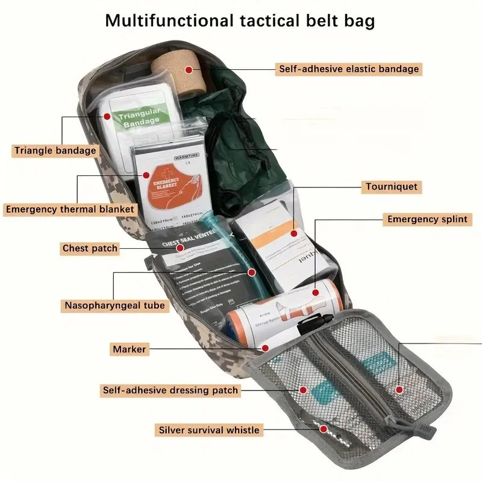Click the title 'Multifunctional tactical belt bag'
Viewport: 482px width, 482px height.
point(240,20)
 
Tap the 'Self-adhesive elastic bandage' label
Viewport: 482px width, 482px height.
point(348,69)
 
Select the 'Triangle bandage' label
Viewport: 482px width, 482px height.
point(55,151)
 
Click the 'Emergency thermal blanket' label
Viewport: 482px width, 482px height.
point(70,210)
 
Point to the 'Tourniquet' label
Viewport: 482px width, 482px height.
point(392,187)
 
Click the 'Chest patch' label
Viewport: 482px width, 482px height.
point(90,248)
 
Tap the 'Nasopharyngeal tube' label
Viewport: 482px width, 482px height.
point(114,305)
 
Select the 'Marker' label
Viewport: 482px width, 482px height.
point(129,349)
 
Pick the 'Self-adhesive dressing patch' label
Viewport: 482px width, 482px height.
point(170,390)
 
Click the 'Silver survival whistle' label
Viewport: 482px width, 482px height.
point(209,430)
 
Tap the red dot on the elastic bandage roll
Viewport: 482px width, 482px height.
point(189,70)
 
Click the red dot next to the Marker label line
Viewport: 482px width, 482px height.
point(264,348)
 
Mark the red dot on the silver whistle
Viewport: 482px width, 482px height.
point(324,429)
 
